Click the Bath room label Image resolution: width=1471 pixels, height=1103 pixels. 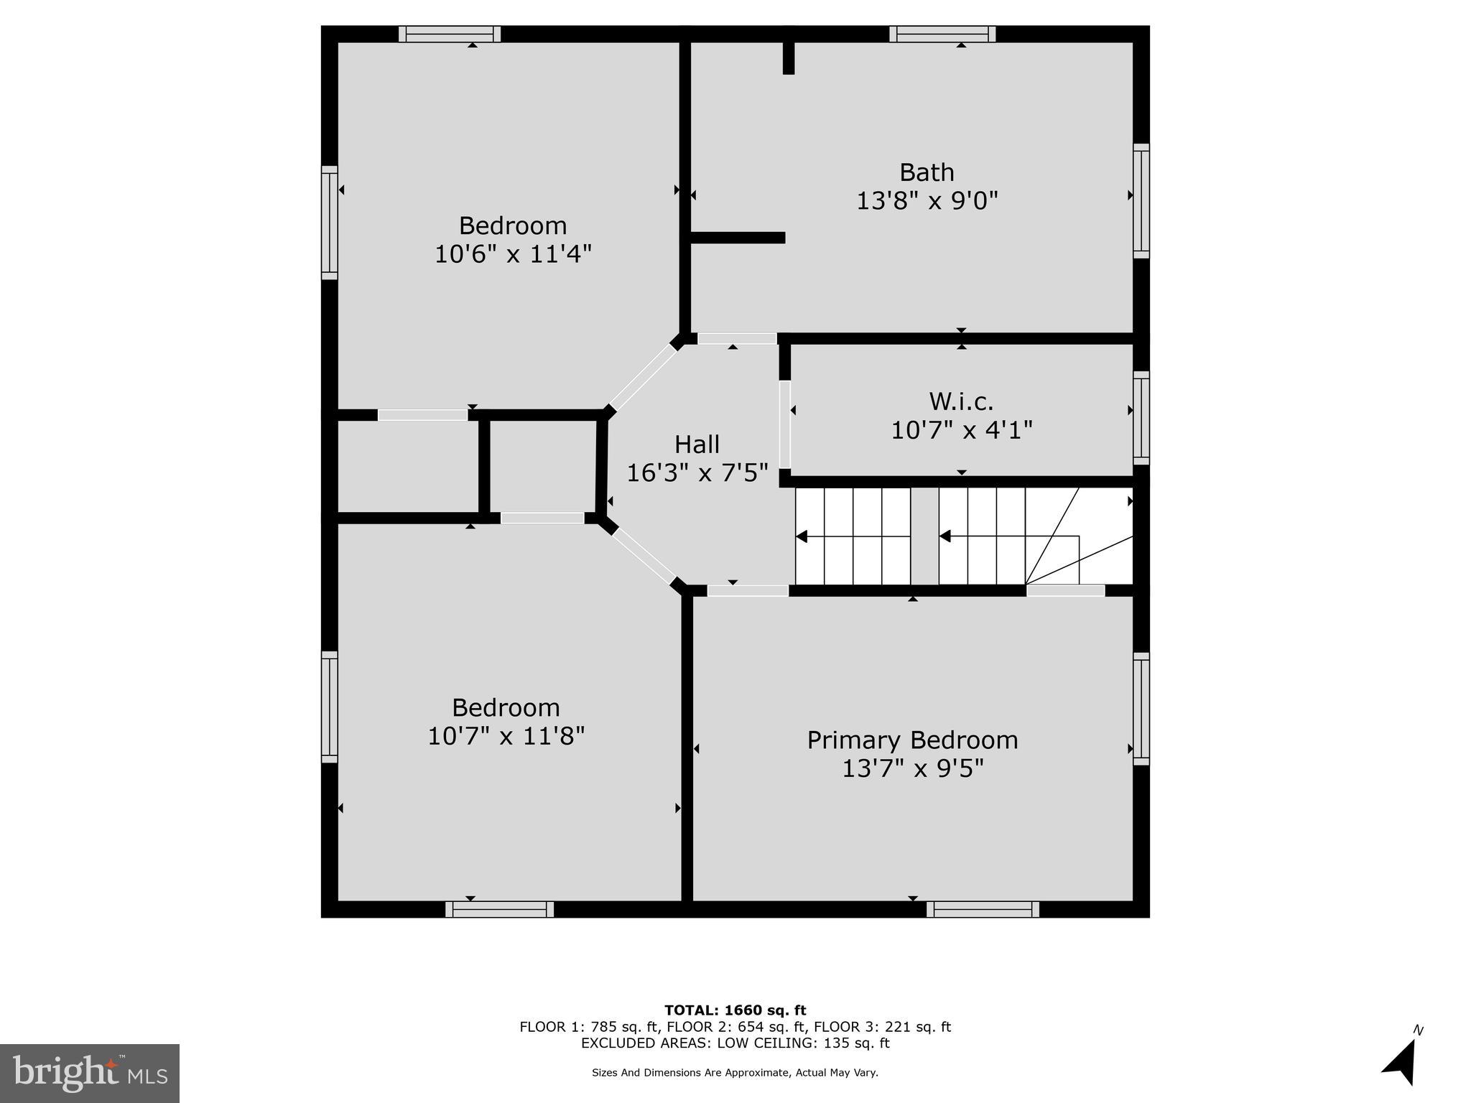click(x=927, y=172)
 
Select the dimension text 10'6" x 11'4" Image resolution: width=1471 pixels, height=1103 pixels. click(x=513, y=254)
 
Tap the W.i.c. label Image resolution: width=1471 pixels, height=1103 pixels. click(x=961, y=401)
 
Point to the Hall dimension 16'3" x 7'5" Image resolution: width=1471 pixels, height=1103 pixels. click(x=697, y=473)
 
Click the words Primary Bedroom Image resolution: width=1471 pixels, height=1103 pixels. click(x=912, y=740)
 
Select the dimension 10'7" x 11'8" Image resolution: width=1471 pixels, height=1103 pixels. click(x=506, y=736)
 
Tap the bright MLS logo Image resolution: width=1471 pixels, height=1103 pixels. click(x=90, y=1074)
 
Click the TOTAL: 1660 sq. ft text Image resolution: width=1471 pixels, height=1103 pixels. click(x=735, y=1010)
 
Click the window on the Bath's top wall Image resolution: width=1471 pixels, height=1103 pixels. click(x=942, y=34)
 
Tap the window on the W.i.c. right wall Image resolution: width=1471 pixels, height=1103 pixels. click(x=1141, y=418)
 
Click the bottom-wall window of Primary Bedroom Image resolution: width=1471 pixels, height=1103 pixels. click(x=983, y=909)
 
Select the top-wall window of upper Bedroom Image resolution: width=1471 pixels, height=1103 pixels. click(x=450, y=34)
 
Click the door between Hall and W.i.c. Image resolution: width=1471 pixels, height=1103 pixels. click(x=785, y=424)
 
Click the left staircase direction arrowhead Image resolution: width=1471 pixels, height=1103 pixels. click(x=802, y=536)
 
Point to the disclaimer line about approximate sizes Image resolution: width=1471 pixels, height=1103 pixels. click(x=735, y=1073)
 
